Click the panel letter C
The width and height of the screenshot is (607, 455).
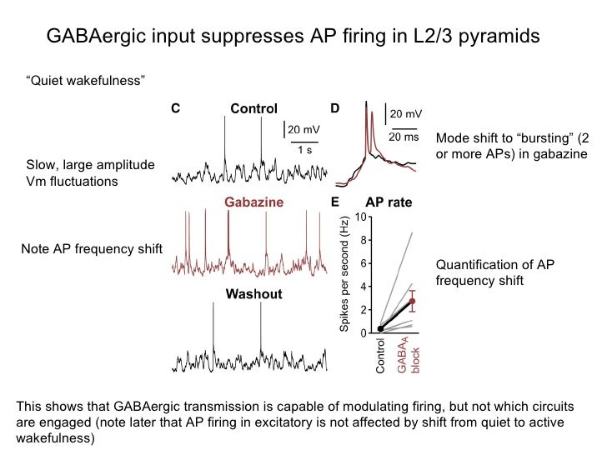pyautogui.click(x=175, y=108)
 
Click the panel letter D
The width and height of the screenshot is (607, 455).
pyautogui.click(x=334, y=108)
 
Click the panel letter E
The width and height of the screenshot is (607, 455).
pyautogui.click(x=334, y=202)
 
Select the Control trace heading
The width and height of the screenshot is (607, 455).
pyautogui.click(x=253, y=109)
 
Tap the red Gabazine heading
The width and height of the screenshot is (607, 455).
pyautogui.click(x=253, y=202)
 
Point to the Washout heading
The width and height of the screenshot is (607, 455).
pyautogui.click(x=253, y=294)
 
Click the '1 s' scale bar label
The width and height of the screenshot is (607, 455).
pyautogui.click(x=305, y=150)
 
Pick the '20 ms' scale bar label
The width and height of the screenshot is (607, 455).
pyautogui.click(x=404, y=137)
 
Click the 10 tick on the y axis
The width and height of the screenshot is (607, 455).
pyautogui.click(x=360, y=217)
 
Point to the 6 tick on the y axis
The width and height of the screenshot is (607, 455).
pyautogui.click(x=364, y=263)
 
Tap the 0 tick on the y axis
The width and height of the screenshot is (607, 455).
pyautogui.click(x=364, y=333)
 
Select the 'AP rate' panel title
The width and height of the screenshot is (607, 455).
pyautogui.click(x=389, y=202)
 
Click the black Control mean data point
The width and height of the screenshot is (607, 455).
pyautogui.click(x=380, y=328)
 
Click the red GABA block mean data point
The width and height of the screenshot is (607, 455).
pyautogui.click(x=411, y=302)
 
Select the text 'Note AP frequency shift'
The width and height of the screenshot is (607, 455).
pyautogui.click(x=90, y=249)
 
